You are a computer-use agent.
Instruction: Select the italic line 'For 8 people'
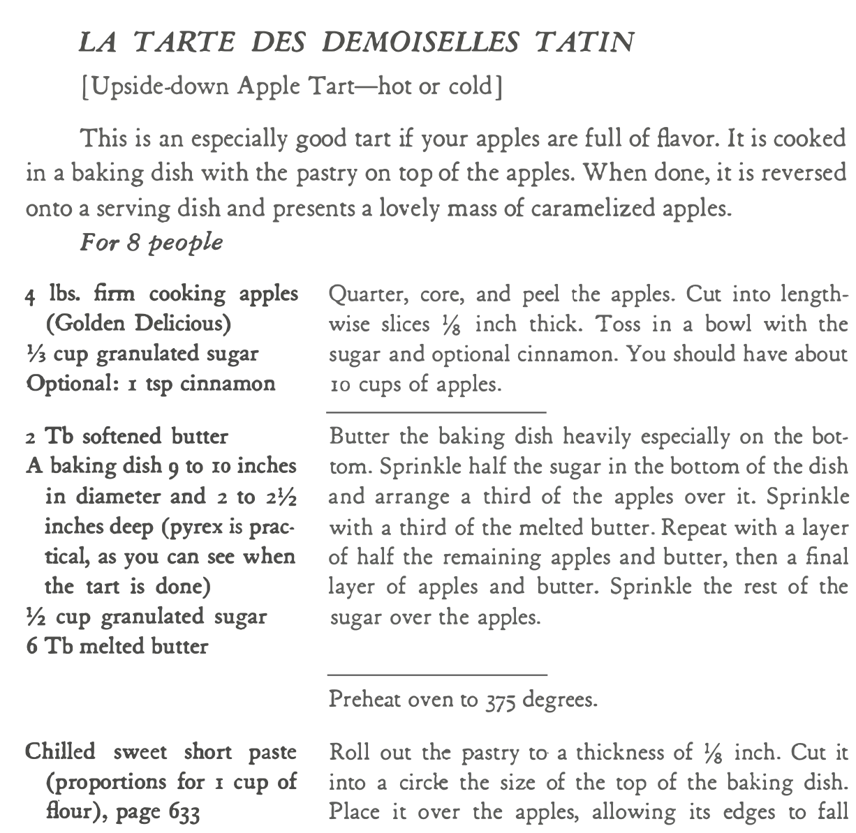pyautogui.click(x=152, y=242)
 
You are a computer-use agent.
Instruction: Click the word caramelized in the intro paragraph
pyautogui.click(x=591, y=208)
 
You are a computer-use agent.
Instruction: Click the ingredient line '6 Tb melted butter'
pyautogui.click(x=117, y=647)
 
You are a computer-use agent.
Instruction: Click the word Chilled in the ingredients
pyautogui.click(x=60, y=752)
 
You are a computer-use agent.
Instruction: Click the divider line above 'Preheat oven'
pyautogui.click(x=437, y=675)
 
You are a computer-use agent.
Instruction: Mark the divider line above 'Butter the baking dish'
pyautogui.click(x=437, y=412)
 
